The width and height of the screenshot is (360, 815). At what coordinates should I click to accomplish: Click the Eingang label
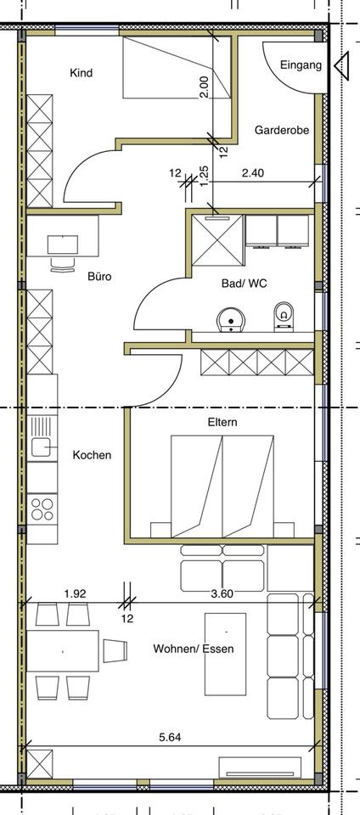[x=301, y=65]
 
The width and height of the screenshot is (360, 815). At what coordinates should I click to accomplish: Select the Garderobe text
[x=281, y=131]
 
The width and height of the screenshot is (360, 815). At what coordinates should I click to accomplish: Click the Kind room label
[x=81, y=73]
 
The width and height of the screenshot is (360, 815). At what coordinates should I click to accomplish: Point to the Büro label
[x=99, y=276]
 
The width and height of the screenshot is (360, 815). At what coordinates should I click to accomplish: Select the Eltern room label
[x=222, y=421]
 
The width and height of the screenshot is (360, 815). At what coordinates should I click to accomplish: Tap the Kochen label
[x=92, y=455]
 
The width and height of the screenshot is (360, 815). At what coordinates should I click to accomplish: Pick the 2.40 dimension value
[x=253, y=173]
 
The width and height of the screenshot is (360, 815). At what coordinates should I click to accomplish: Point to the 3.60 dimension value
[x=222, y=593]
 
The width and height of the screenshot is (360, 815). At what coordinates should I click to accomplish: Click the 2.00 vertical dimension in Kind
[x=204, y=87]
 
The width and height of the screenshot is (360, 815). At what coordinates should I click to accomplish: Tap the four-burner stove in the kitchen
[x=42, y=508]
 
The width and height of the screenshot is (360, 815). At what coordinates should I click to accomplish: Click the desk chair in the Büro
[x=62, y=264]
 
